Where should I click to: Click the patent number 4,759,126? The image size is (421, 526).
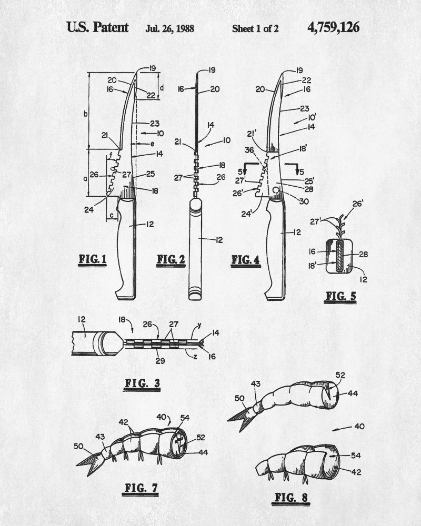(x=333, y=27)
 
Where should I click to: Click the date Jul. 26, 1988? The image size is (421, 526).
(x=170, y=28)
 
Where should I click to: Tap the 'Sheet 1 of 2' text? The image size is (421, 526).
(x=255, y=28)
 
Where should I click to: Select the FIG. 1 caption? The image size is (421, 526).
(x=92, y=260)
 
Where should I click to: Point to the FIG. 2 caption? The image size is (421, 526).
(x=171, y=260)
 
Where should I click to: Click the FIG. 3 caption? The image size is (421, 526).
(x=142, y=384)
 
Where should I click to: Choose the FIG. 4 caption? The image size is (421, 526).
(x=246, y=260)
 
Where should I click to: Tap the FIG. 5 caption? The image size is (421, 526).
(x=340, y=297)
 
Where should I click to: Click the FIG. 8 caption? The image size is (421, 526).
(x=291, y=498)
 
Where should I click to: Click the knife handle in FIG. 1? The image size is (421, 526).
(x=127, y=248)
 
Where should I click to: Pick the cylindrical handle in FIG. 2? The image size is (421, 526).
(x=195, y=249)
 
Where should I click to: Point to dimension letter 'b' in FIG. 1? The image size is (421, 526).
(x=86, y=114)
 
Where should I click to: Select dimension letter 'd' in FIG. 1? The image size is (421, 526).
(x=162, y=88)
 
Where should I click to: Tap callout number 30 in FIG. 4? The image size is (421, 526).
(x=304, y=201)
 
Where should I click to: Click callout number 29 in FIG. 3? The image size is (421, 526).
(x=160, y=361)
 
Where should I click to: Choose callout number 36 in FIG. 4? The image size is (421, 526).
(x=249, y=150)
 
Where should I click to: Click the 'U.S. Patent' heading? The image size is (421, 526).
(x=97, y=27)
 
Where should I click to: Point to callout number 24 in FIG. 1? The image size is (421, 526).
(x=88, y=210)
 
